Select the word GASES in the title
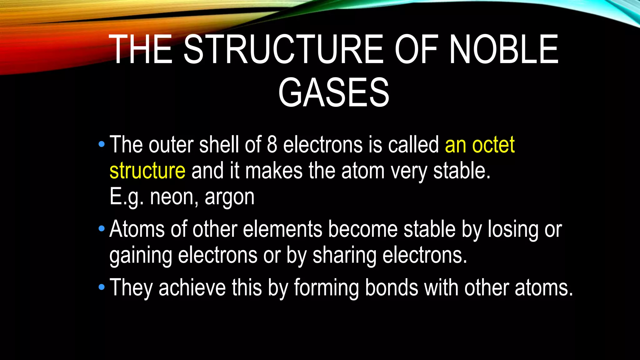pos(334,92)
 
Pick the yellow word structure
pos(147,171)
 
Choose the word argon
pos(229,197)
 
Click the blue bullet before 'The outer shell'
pos(101,144)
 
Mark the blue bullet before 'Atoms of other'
pos(101,229)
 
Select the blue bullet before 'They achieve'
pos(101,287)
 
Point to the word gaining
pos(141,256)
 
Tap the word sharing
pos(344,256)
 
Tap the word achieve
pos(192,287)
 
